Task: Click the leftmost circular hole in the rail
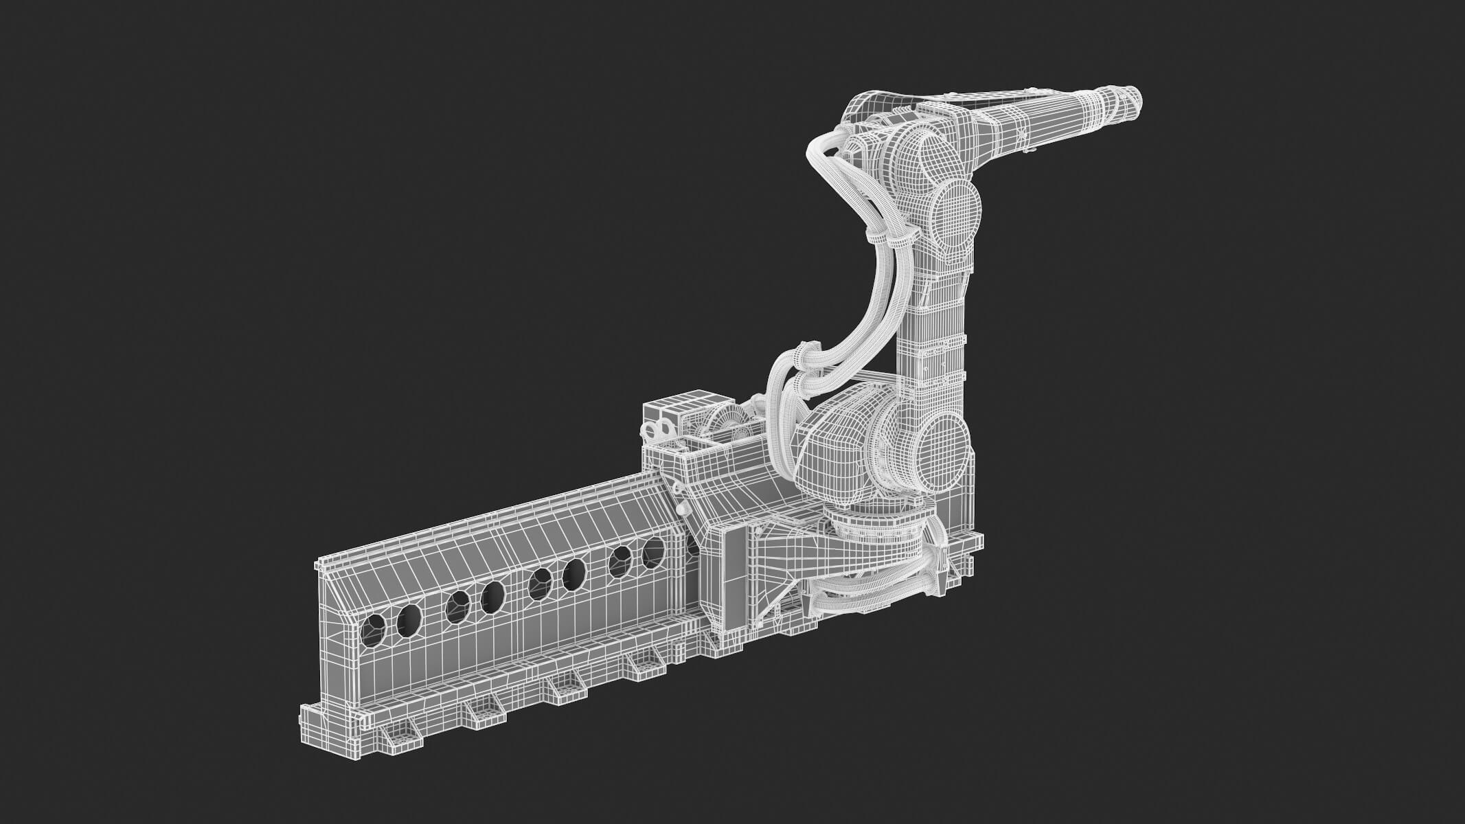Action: coord(374,630)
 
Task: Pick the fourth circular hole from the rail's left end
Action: coord(492,597)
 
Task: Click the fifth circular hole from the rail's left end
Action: coord(541,584)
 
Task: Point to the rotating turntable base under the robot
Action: coord(876,529)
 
